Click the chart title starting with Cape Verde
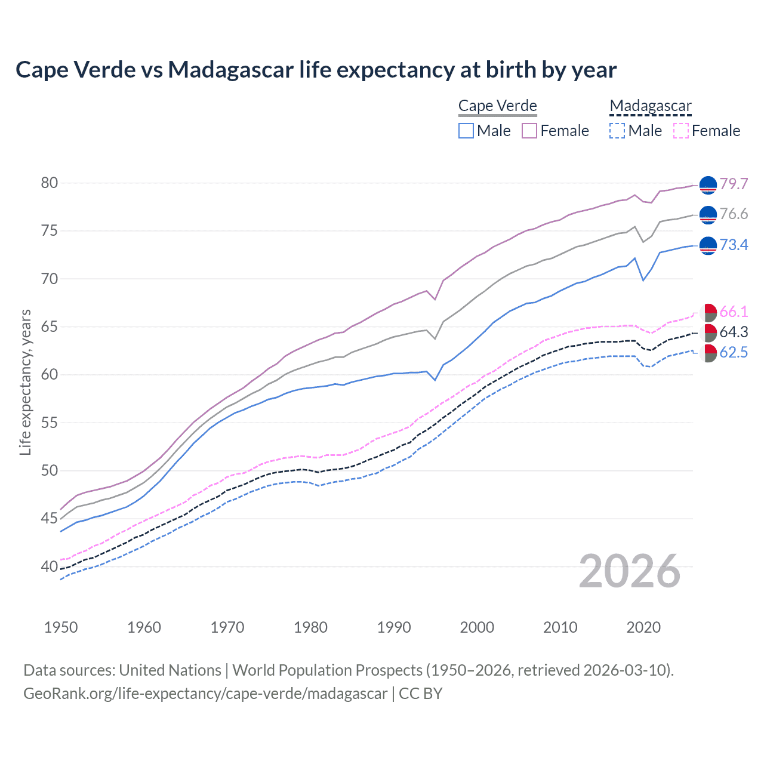(x=316, y=70)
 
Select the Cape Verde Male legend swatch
(x=466, y=131)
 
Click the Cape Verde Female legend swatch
(x=529, y=131)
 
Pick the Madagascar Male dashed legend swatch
(x=617, y=131)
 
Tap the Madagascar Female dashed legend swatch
(x=681, y=131)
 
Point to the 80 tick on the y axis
(x=50, y=183)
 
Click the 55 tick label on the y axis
(x=50, y=423)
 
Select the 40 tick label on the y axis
(x=50, y=567)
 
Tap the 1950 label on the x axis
(x=61, y=627)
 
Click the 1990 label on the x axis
(x=394, y=627)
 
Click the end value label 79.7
(x=734, y=184)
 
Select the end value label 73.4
(x=734, y=245)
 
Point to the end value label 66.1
(x=734, y=312)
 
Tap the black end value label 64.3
(x=734, y=332)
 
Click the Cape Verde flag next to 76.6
(x=708, y=215)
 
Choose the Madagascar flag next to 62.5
(x=708, y=353)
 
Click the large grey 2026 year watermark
(x=629, y=571)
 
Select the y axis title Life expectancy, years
(x=26, y=382)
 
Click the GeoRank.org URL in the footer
(x=205, y=694)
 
